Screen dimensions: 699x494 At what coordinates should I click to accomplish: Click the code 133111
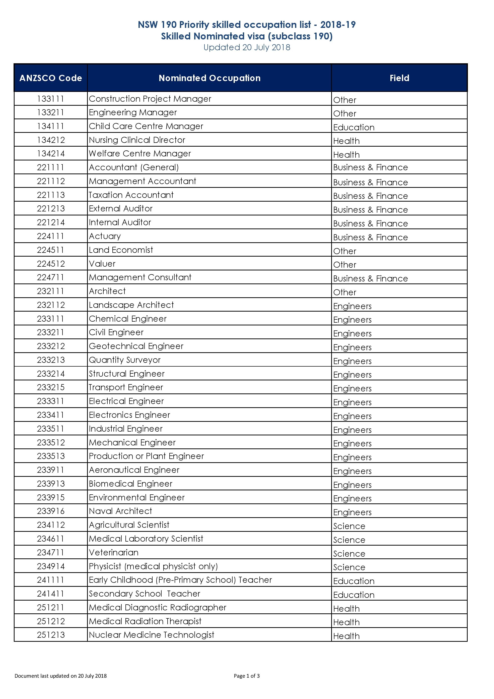tap(51, 99)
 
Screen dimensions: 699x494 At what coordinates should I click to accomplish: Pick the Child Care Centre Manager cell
tap(146, 126)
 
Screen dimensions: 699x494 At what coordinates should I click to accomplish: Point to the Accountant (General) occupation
tap(134, 167)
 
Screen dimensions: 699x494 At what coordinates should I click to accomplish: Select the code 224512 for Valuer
tap(51, 264)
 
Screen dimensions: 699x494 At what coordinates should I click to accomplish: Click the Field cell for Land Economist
tap(345, 251)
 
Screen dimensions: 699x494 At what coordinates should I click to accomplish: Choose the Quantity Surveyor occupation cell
tap(125, 360)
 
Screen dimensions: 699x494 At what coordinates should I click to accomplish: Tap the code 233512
tap(51, 442)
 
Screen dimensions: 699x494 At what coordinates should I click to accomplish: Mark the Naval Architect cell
tap(120, 511)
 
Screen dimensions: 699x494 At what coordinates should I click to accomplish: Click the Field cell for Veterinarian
tap(349, 554)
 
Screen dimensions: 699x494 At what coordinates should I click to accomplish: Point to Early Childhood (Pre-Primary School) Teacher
tap(180, 580)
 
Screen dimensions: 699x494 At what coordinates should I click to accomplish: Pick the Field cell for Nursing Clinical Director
tap(346, 141)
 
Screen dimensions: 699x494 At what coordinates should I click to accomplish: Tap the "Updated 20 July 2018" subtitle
tap(247, 47)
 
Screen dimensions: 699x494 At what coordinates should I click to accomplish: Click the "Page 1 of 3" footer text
tap(247, 676)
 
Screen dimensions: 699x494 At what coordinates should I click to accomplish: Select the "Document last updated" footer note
tap(60, 676)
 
